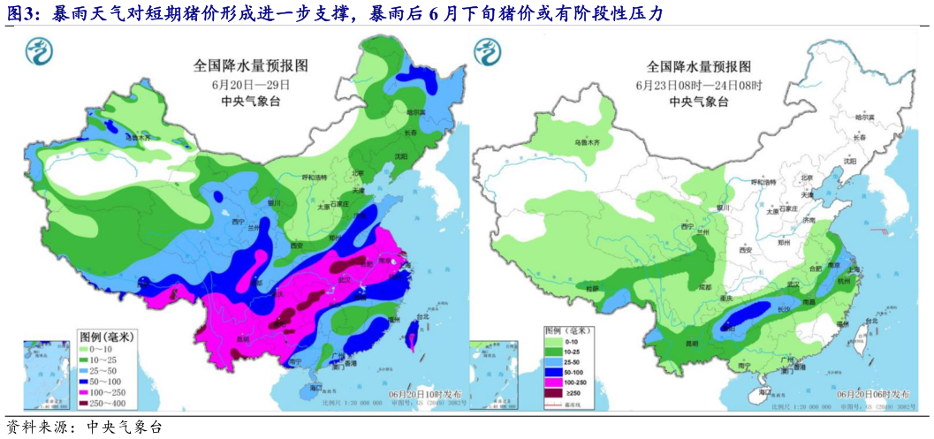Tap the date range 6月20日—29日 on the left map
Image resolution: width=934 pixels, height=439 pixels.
[251, 84]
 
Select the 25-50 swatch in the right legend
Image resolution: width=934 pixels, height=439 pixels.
[551, 362]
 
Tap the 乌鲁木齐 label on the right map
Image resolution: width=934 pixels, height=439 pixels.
[587, 142]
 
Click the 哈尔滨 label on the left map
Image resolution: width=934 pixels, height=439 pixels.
[416, 112]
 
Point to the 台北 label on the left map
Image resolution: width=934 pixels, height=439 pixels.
[421, 316]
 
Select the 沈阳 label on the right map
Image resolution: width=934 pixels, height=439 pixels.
[851, 162]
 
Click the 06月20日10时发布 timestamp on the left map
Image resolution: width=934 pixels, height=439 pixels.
[424, 390]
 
